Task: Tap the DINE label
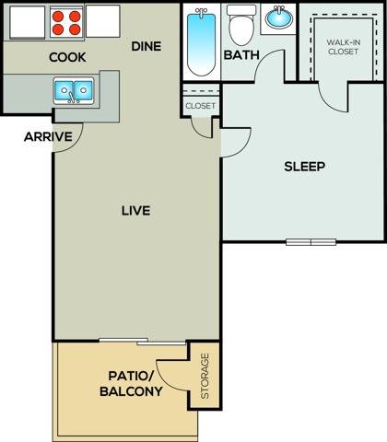147,45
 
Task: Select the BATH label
241,55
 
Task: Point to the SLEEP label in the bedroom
304,167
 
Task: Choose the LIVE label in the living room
135,210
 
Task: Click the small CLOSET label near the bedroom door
200,106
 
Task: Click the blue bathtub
200,41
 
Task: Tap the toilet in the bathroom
241,25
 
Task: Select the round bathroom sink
276,18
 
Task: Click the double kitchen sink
73,90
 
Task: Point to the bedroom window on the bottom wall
311,242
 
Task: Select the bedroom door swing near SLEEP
234,141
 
